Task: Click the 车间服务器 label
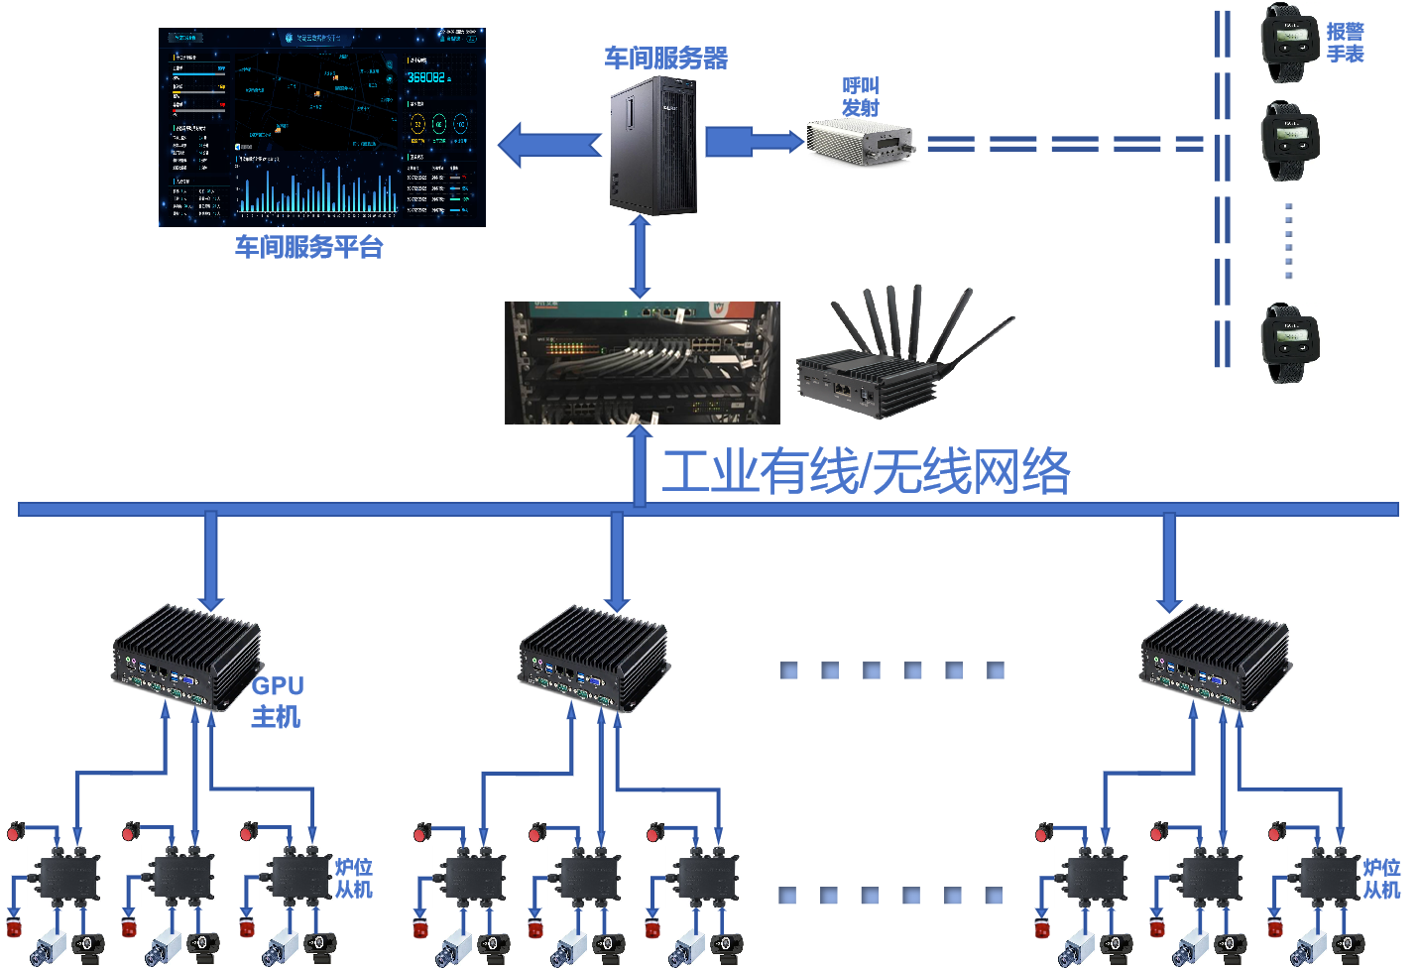[x=666, y=58]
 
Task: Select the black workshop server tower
[x=653, y=146]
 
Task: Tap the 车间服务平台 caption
[x=308, y=247]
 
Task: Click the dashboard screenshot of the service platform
[x=322, y=126]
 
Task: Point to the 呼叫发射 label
[x=860, y=96]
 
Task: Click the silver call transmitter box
[x=862, y=142]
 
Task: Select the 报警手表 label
[x=1346, y=43]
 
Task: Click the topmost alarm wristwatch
[x=1288, y=43]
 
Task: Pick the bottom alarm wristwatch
[x=1288, y=343]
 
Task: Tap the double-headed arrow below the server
[x=640, y=258]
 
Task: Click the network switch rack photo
[x=642, y=363]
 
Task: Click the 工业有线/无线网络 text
[x=866, y=471]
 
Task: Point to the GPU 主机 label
[x=277, y=700]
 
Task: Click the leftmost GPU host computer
[x=186, y=659]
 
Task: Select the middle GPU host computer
[x=594, y=661]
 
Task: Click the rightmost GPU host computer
[x=1215, y=660]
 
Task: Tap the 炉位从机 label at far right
[x=1381, y=879]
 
